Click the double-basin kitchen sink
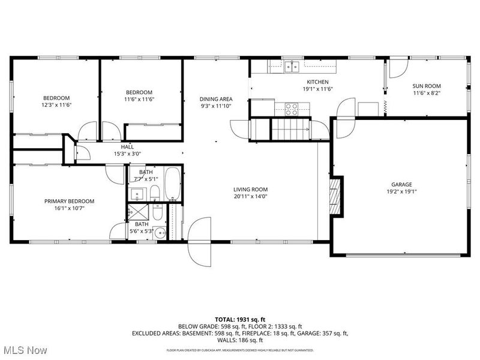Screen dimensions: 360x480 point(292,66)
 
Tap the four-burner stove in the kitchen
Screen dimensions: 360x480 point(292,109)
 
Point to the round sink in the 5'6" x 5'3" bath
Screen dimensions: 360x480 point(160,234)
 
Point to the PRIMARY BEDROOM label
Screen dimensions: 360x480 point(69,202)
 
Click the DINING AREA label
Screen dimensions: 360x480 point(216,99)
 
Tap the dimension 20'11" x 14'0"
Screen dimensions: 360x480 point(250,196)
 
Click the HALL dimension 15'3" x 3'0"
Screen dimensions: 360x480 point(127,154)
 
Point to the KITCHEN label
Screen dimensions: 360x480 point(318,82)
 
